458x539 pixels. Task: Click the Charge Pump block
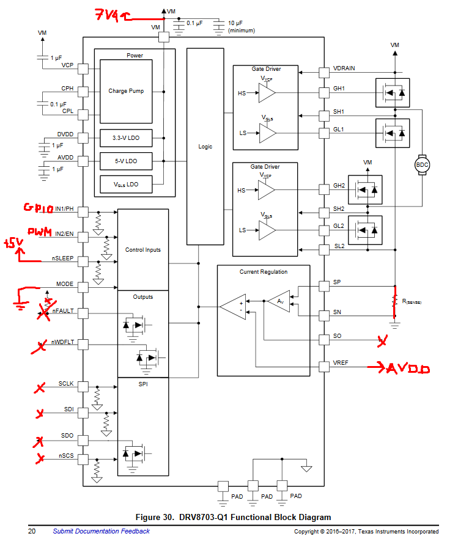126,92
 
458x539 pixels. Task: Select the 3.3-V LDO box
126,138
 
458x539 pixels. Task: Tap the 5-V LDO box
126,161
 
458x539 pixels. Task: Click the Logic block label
205,147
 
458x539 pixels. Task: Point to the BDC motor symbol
422,164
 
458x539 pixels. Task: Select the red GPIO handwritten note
38,208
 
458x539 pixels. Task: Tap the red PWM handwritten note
40,232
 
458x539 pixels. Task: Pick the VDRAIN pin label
344,68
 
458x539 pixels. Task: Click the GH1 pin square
324,93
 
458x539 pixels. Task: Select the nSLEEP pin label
62,258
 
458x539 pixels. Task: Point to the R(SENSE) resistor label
412,301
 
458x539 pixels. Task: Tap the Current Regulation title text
264,272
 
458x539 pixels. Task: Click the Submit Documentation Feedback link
101,531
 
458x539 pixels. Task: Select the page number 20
32,531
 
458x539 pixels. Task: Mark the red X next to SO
382,340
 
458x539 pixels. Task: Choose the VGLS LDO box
126,185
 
